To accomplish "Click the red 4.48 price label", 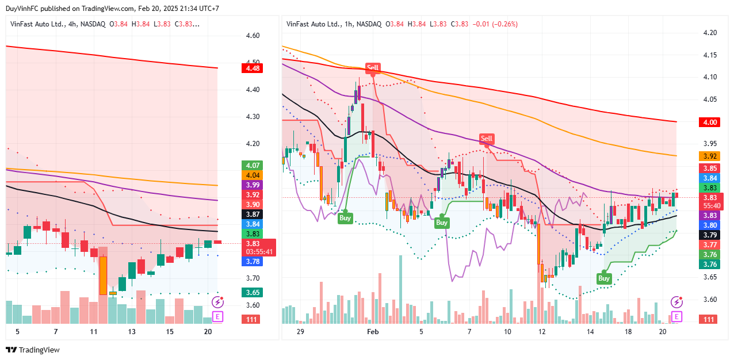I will pos(253,68).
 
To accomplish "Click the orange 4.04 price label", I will pos(253,175).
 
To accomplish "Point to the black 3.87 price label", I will pos(253,214).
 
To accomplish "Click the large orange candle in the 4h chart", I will pos(103,275).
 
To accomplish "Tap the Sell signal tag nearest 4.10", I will pos(373,68).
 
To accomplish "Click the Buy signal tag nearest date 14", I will pos(603,278).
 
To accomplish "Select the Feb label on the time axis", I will pos(373,332).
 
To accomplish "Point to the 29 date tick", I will pos(300,332).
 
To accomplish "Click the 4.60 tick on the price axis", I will pos(253,36).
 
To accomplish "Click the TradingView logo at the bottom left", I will pos(33,350).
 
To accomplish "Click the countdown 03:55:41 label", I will pos(259,252).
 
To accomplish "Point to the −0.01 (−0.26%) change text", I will pos(495,24).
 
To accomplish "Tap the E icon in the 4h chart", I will pos(217,316).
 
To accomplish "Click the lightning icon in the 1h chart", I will pos(676,302).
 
